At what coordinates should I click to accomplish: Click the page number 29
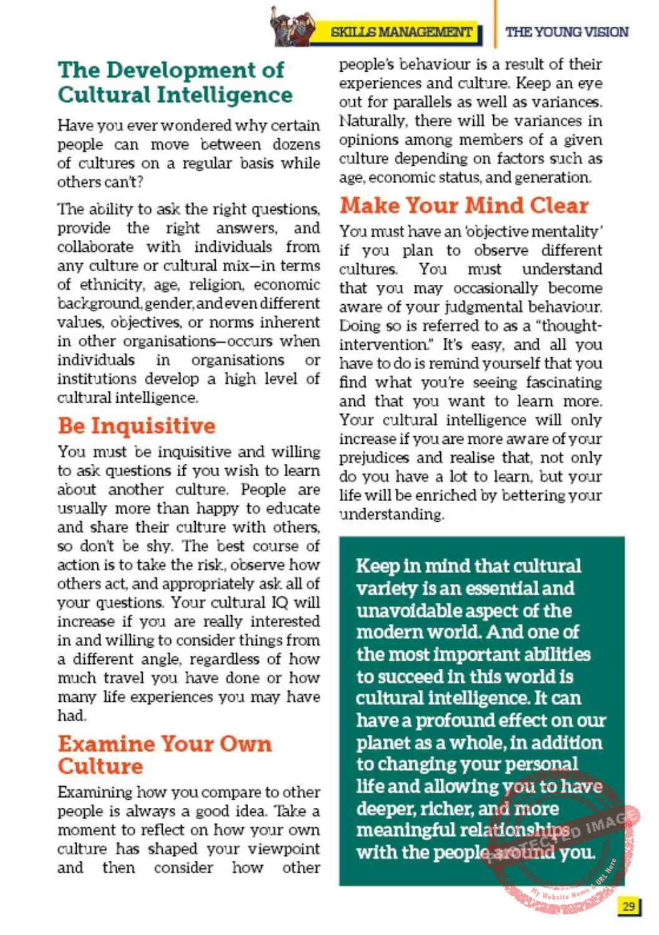coord(628,906)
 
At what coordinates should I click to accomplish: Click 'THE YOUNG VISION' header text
coord(567,32)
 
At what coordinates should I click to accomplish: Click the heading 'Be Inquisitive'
coord(137,426)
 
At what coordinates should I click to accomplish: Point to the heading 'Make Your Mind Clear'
coord(464,205)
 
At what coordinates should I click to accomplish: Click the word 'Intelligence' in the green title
coord(225,95)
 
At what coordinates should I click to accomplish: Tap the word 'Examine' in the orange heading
coord(106,744)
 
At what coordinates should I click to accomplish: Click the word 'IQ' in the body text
coord(280,603)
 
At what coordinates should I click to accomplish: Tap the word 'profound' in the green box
coord(468,721)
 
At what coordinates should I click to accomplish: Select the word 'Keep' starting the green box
coord(378,566)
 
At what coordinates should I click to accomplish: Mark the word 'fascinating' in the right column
coord(564,383)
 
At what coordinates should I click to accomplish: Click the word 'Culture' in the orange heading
coord(100,766)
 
